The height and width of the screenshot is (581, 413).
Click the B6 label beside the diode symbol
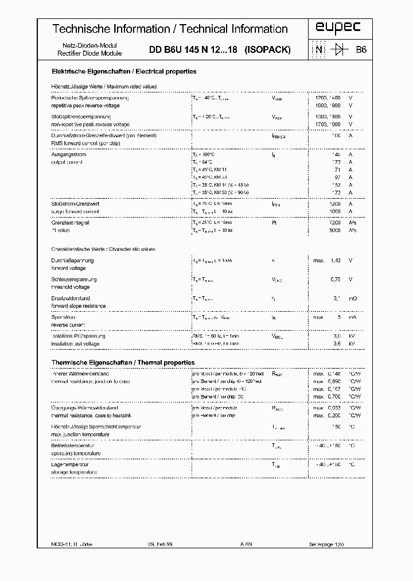361,50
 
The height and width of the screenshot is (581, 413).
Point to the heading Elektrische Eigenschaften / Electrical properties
124,72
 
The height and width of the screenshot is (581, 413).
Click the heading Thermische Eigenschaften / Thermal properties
123,363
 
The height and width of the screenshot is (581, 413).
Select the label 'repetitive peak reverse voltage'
85,106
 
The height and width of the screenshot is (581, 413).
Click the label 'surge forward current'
75,211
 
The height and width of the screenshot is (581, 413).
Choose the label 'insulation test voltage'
75,343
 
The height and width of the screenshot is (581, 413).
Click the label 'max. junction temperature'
80,434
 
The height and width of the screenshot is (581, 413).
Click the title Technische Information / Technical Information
170,29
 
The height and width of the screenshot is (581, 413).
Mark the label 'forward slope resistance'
79,306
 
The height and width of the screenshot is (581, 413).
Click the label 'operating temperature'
76,453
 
